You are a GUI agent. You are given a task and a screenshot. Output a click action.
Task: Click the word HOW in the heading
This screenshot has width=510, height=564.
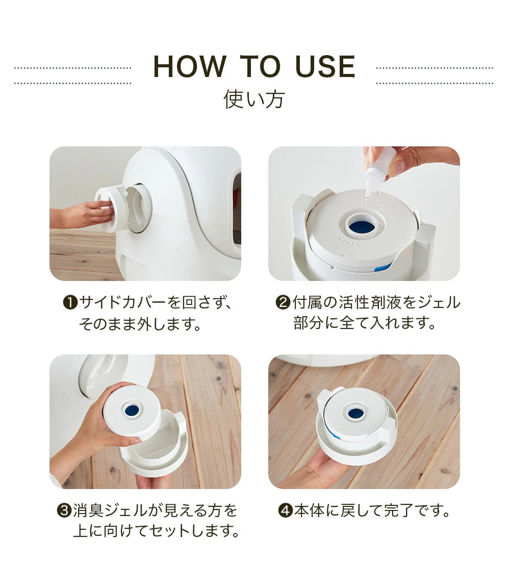tap(190, 66)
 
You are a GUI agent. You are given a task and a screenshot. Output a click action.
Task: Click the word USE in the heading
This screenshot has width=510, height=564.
tap(325, 66)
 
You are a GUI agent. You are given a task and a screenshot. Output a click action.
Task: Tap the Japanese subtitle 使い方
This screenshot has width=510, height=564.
tap(254, 99)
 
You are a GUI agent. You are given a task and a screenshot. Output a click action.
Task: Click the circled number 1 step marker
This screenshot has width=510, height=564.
tap(70, 302)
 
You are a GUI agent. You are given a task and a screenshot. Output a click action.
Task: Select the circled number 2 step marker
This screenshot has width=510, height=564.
tap(283, 302)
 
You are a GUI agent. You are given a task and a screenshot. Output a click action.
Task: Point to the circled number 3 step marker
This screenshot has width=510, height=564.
tap(64, 511)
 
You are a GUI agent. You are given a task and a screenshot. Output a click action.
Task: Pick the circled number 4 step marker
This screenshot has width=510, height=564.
tap(286, 511)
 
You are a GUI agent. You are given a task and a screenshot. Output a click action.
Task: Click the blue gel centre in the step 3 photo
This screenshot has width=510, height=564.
tap(133, 409)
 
